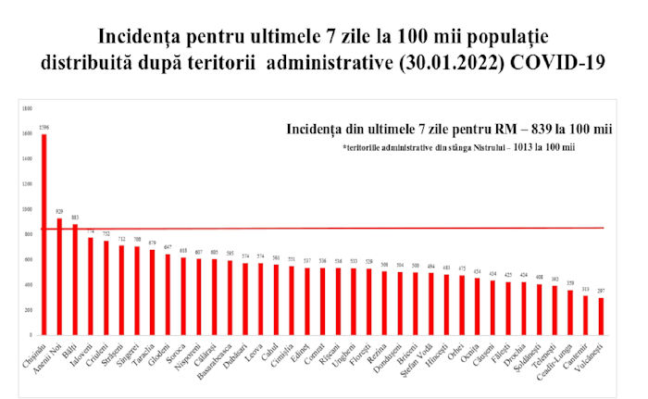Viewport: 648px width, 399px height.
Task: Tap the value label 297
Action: coord(601,292)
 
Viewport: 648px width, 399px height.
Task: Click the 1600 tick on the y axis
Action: coord(28,134)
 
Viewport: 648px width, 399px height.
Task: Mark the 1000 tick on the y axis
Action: coord(28,209)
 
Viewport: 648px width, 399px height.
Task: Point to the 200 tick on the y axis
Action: coord(29,309)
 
